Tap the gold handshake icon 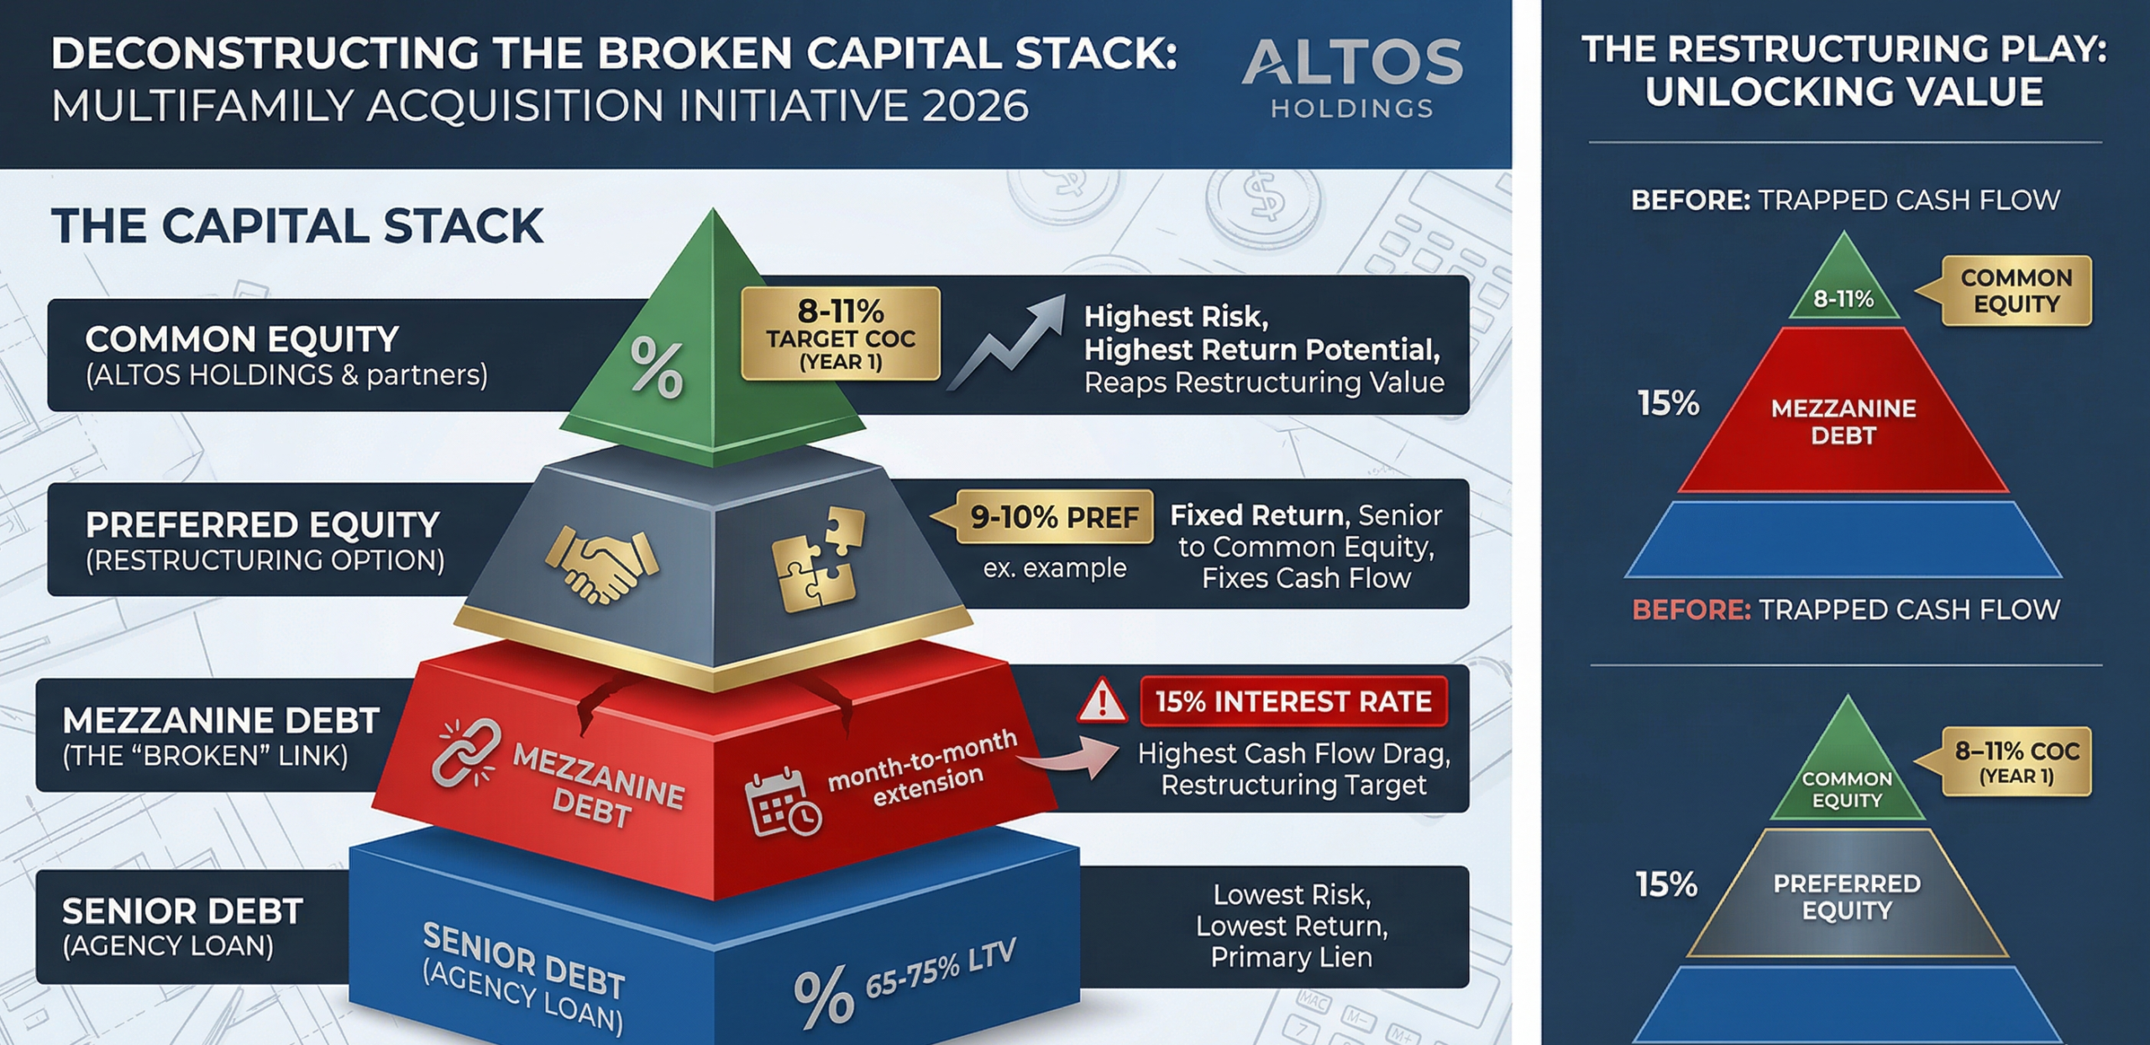coord(601,565)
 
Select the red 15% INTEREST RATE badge coord(1293,701)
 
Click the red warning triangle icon coord(1101,702)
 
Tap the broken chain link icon coord(465,753)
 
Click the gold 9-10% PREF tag coord(1053,517)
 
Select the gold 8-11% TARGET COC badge coord(840,333)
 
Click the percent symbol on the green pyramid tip coord(657,367)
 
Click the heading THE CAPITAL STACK coord(297,226)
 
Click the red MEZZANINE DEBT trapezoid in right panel coord(1843,421)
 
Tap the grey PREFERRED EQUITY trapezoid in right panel coord(1846,896)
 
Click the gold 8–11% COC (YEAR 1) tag coord(2016,761)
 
